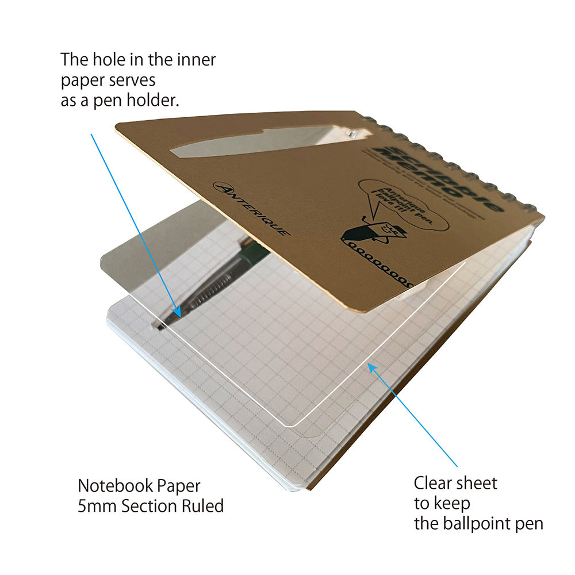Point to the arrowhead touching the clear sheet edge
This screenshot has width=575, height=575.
[x=371, y=366]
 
